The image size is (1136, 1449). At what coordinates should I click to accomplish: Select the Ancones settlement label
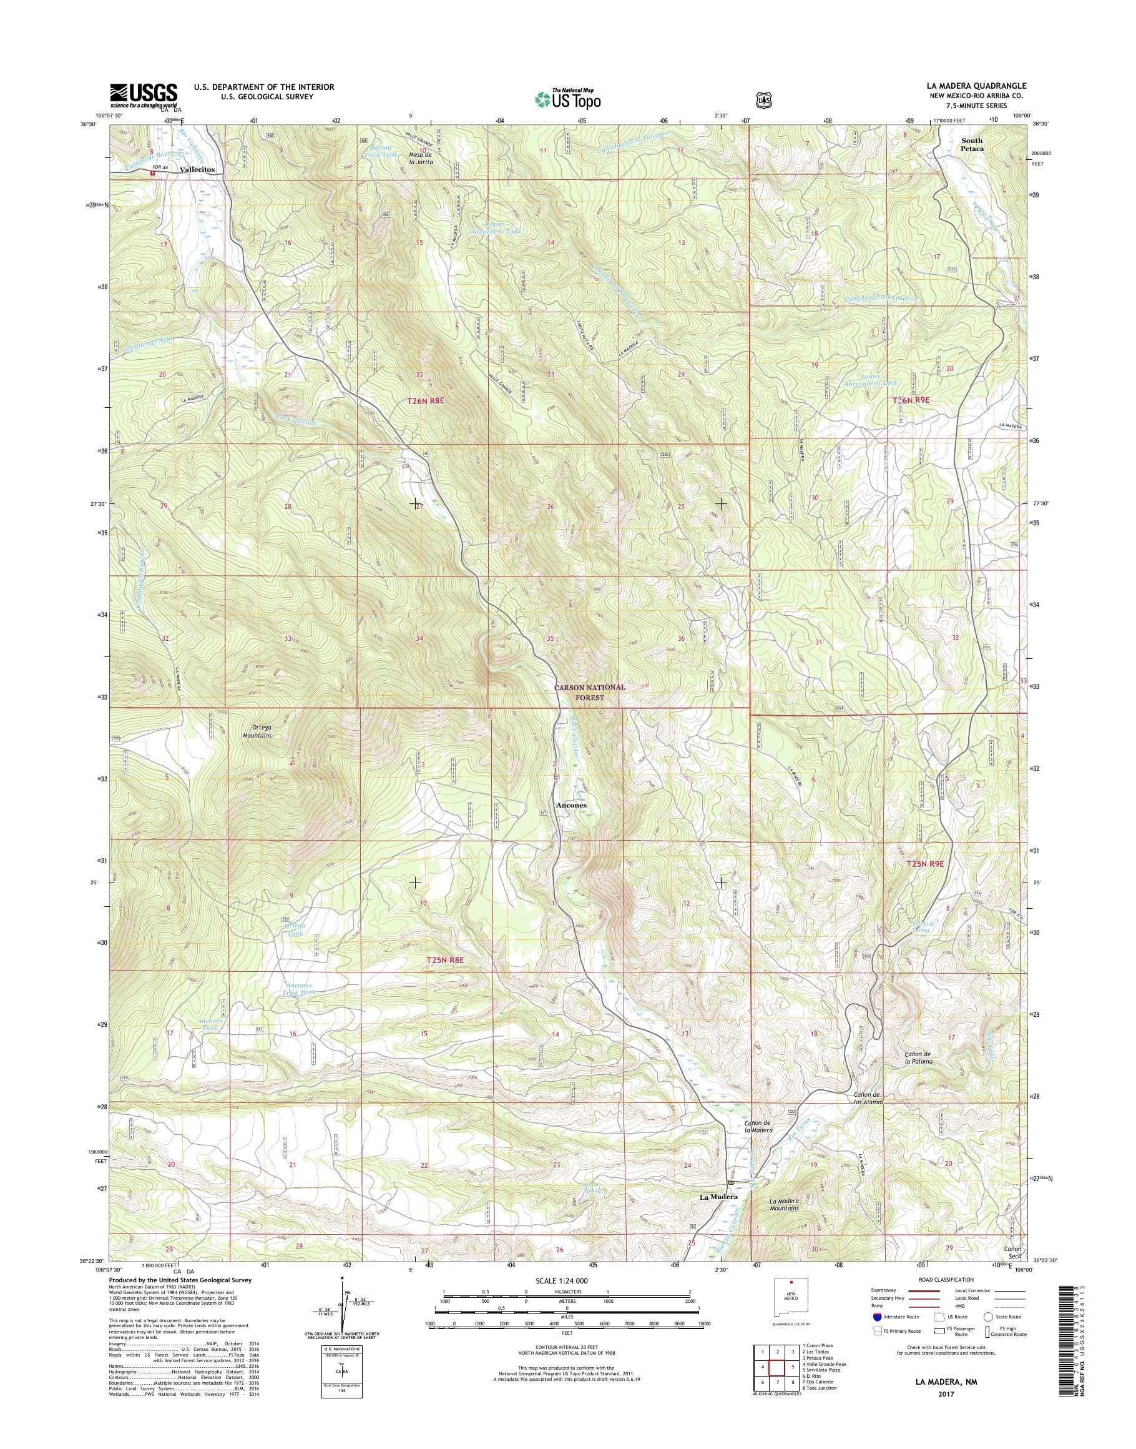click(571, 804)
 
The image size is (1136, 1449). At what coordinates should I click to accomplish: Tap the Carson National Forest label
click(590, 692)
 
